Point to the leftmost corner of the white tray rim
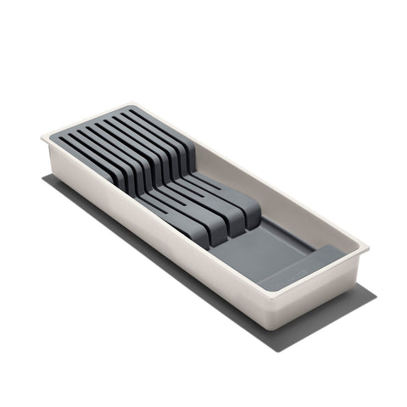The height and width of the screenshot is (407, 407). [x=42, y=136]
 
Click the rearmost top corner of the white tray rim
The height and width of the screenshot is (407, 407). [x=129, y=105]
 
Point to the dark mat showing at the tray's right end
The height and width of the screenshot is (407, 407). [x=366, y=293]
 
